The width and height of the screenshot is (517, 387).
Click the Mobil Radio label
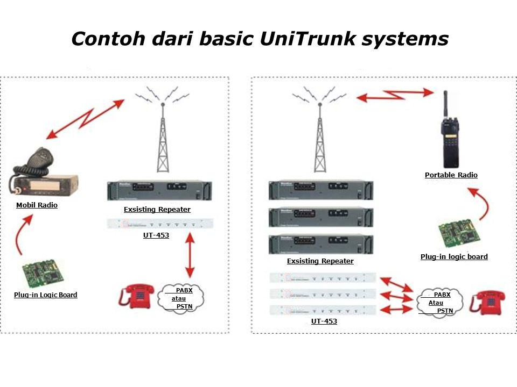(37, 205)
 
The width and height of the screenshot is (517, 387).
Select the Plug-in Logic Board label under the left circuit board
(46, 295)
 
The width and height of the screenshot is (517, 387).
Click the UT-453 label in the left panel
(156, 235)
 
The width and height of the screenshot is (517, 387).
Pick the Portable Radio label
(451, 175)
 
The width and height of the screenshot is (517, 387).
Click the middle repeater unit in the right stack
(321, 217)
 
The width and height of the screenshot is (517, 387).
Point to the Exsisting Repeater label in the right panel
(320, 261)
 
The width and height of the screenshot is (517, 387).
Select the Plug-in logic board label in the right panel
(454, 256)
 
